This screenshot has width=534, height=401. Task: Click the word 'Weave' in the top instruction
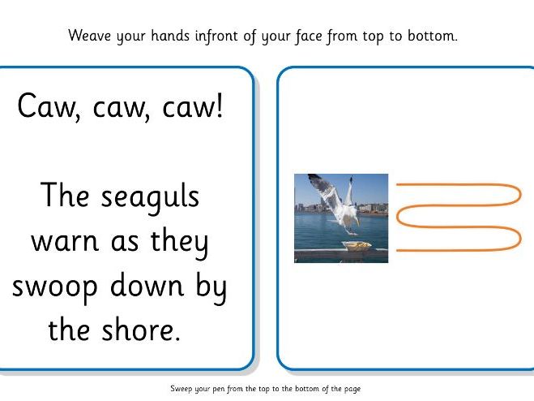(x=88, y=36)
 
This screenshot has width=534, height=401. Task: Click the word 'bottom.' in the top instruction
(x=434, y=36)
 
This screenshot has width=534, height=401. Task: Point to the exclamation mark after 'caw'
(x=216, y=106)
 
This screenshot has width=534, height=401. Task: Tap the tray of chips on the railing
(x=356, y=245)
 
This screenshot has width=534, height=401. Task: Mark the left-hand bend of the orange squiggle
(x=399, y=216)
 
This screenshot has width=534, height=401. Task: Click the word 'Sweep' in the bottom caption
(x=182, y=389)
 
